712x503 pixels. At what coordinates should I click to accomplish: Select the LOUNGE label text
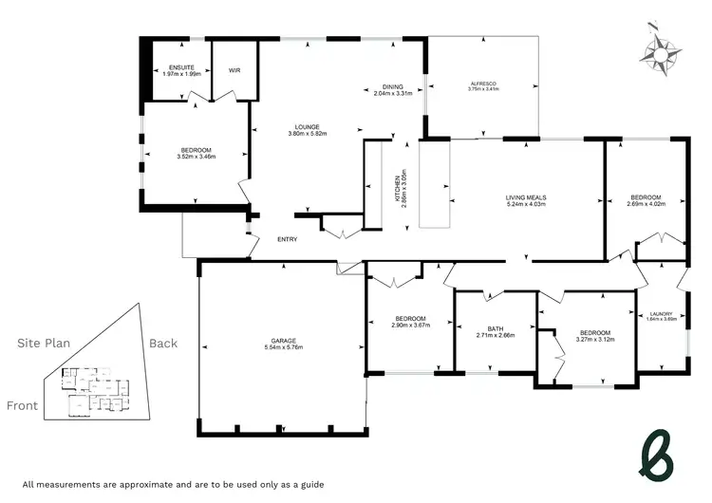click(306, 127)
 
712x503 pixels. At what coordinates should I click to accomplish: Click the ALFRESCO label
click(483, 84)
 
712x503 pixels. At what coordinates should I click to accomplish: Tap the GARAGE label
click(282, 341)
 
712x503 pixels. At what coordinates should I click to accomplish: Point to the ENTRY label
click(288, 239)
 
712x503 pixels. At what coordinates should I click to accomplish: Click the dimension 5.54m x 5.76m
click(282, 348)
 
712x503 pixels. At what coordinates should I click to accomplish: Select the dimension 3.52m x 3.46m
click(197, 158)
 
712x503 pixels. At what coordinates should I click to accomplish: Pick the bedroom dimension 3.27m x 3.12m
click(595, 340)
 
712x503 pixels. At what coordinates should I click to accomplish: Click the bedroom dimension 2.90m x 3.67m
click(410, 326)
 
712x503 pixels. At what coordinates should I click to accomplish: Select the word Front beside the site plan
click(23, 405)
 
